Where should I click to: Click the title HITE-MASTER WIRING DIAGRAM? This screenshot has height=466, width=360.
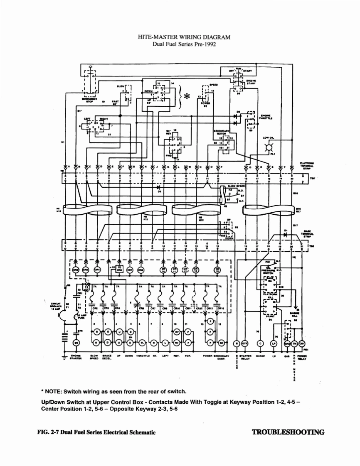(x=184, y=37)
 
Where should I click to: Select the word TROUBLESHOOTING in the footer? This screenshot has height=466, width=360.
(x=288, y=432)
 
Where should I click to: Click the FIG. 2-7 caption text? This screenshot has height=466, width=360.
(x=96, y=432)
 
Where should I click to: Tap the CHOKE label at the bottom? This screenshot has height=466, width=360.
(x=261, y=356)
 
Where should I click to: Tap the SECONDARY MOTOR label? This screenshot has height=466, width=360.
(x=222, y=132)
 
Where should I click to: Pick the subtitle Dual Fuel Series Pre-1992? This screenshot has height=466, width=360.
(x=184, y=44)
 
